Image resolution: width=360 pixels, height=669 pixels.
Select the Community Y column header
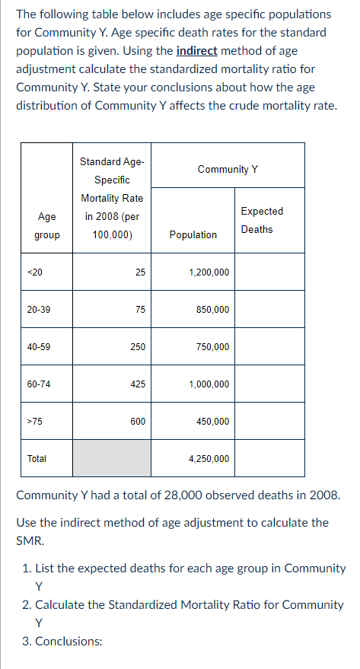pyautogui.click(x=228, y=169)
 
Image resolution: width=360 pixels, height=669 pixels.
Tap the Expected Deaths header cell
pyautogui.click(x=261, y=220)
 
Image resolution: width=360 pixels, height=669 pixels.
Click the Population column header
pyautogui.click(x=193, y=234)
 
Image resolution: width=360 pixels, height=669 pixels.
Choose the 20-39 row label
pyautogui.click(x=38, y=309)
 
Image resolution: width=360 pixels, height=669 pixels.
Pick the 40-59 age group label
pyautogui.click(x=38, y=346)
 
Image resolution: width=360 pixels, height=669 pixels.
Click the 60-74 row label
pyautogui.click(x=38, y=384)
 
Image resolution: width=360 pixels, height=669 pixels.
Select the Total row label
pyautogui.click(x=37, y=458)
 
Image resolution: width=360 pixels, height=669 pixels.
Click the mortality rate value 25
pyautogui.click(x=140, y=272)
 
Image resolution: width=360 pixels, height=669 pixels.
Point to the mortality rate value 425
pyautogui.click(x=138, y=384)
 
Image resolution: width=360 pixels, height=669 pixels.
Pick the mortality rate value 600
pyautogui.click(x=138, y=421)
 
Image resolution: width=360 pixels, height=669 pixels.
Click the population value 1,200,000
pyautogui.click(x=208, y=272)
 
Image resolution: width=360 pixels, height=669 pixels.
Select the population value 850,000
pyautogui.click(x=212, y=309)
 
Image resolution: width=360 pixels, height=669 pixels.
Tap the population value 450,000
pyautogui.click(x=212, y=421)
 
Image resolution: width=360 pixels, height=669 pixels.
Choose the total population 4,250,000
pyautogui.click(x=208, y=458)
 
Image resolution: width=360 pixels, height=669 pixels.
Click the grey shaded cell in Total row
pyautogui.click(x=112, y=458)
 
